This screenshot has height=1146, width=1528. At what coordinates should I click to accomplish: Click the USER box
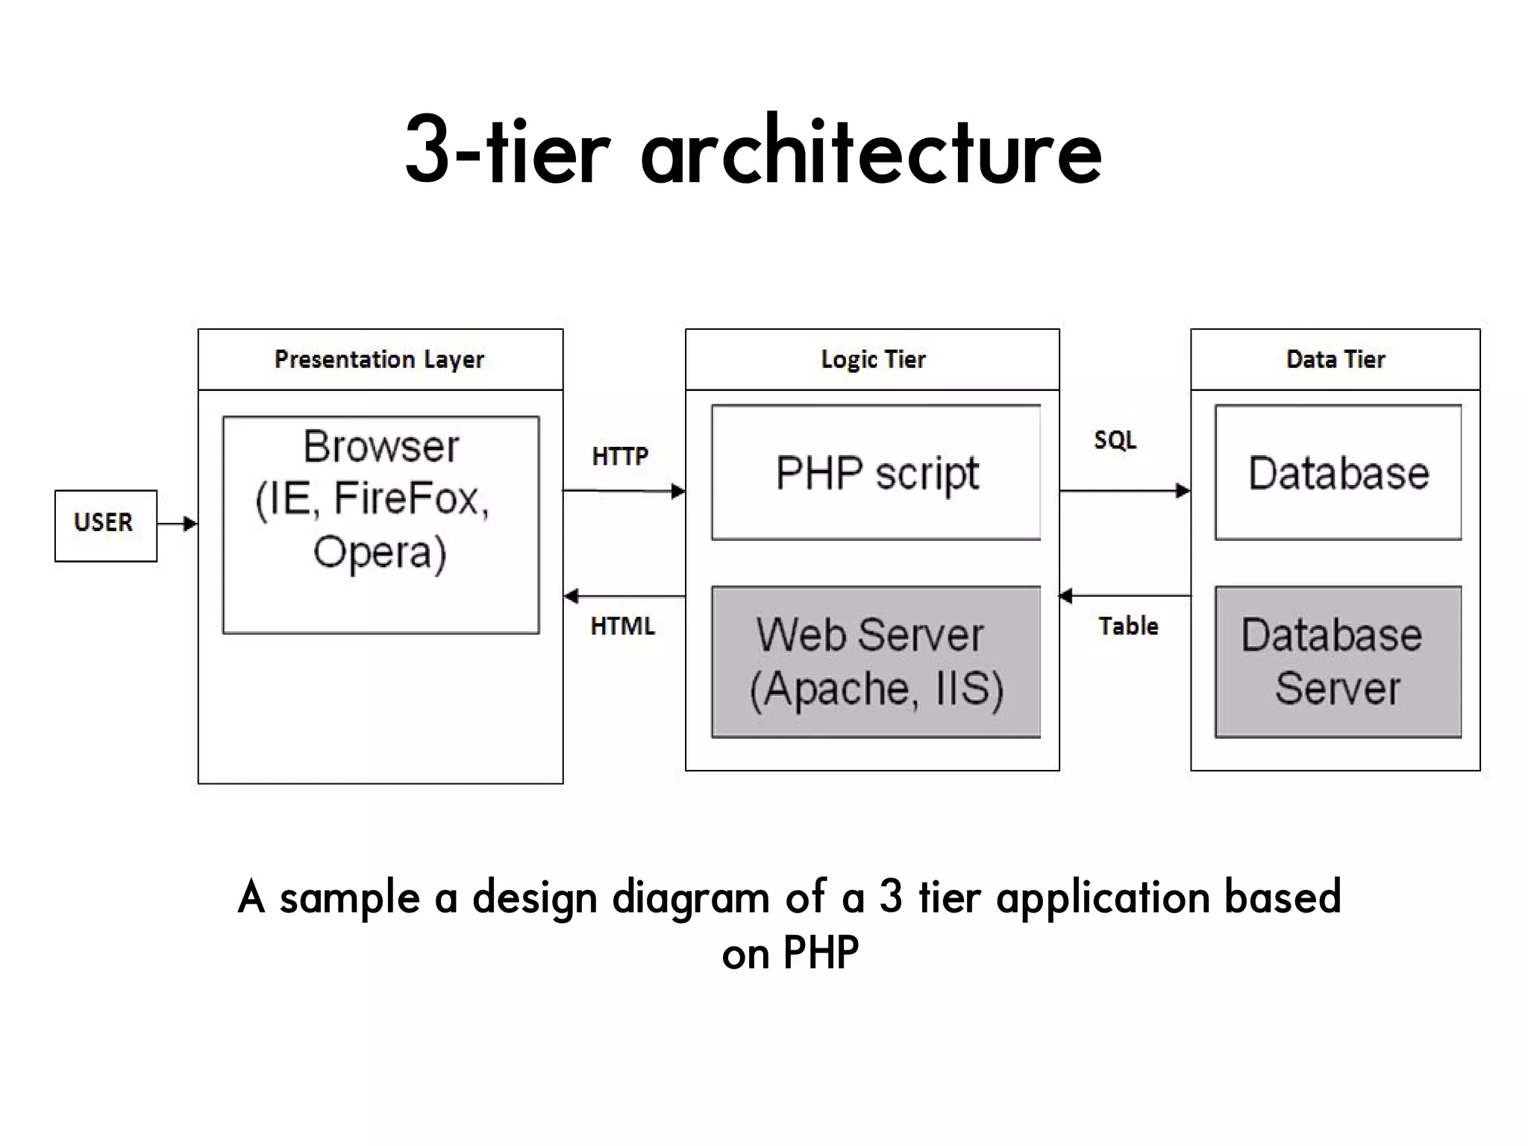click(x=105, y=525)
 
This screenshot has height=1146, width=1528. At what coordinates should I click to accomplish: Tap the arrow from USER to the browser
click(x=178, y=524)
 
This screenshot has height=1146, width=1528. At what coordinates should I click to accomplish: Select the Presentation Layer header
click(x=380, y=360)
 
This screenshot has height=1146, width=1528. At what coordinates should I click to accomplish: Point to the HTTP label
click(x=620, y=456)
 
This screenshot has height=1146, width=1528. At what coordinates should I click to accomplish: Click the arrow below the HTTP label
click(x=624, y=491)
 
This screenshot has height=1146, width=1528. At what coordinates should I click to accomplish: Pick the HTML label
click(x=622, y=626)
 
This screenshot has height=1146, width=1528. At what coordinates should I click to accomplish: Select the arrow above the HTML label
click(x=624, y=596)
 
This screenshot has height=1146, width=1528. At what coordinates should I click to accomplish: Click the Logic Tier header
click(x=872, y=360)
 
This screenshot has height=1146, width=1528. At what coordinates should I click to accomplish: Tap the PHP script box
click(x=876, y=472)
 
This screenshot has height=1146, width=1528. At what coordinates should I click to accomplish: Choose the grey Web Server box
click(x=876, y=662)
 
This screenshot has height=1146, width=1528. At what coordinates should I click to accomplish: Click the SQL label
click(x=1115, y=440)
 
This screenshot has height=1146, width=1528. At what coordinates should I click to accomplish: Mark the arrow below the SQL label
click(x=1124, y=491)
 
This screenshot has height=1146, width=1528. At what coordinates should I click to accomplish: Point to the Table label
click(x=1128, y=626)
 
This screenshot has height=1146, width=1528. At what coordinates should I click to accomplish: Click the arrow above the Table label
click(x=1124, y=596)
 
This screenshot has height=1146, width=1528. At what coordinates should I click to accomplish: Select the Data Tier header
click(x=1335, y=360)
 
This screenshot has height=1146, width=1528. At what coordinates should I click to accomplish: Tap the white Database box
click(x=1338, y=472)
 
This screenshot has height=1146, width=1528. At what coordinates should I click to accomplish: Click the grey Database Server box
click(x=1338, y=662)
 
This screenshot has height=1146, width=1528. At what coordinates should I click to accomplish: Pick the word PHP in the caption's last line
click(x=821, y=953)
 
